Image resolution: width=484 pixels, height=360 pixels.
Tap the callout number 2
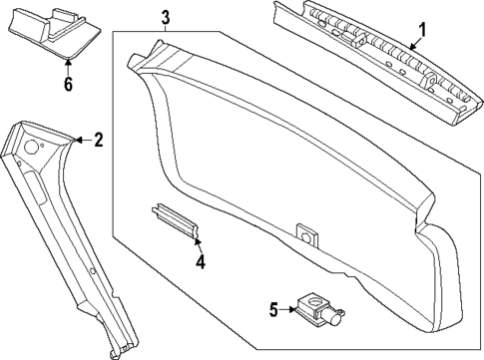(x=98, y=141)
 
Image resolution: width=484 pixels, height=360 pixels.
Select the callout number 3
(x=166, y=15)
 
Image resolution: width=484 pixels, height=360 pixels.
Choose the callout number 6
(x=68, y=85)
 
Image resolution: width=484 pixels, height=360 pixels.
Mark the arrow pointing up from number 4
(x=198, y=242)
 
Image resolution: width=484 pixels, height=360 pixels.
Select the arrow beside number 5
(x=291, y=309)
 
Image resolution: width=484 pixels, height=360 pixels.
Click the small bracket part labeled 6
(x=55, y=35)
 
